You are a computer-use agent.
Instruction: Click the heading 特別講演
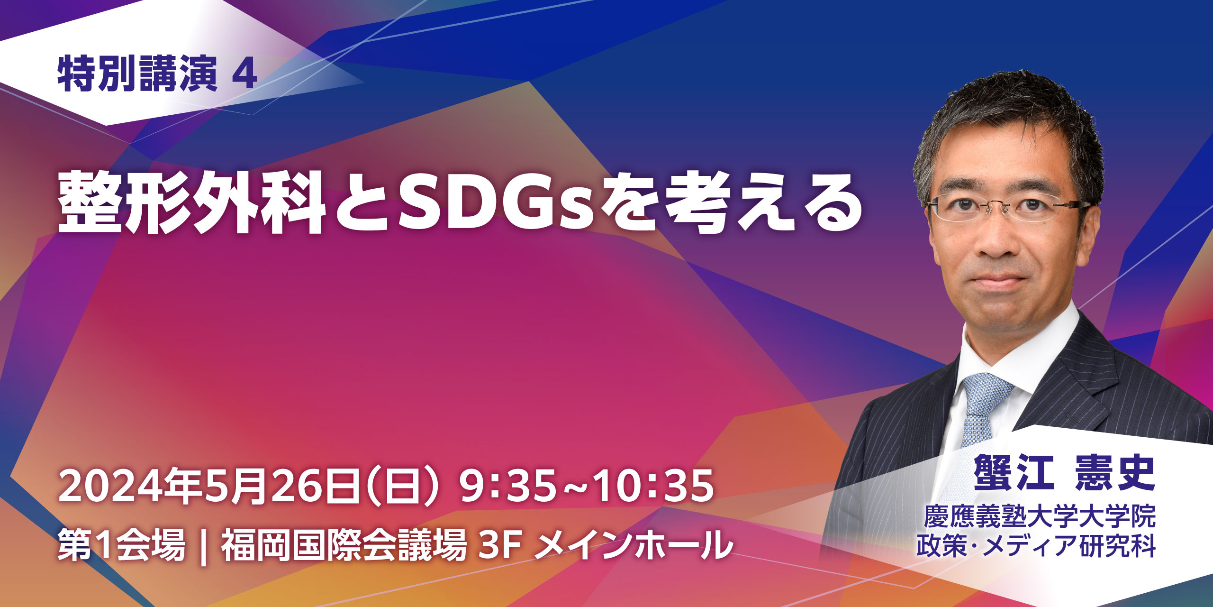137,74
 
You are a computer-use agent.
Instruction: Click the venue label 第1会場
121,545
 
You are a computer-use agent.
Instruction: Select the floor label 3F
500,546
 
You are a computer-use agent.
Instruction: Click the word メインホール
633,545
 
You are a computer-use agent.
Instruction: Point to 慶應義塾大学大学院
1040,516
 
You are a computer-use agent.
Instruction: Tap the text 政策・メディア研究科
1036,546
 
